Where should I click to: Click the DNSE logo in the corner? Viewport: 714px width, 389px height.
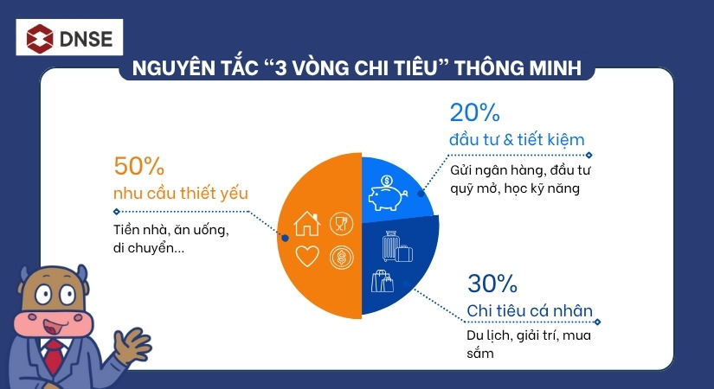(69, 37)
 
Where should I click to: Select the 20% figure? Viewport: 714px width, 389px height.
(473, 112)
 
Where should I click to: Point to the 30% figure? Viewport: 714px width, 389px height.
(492, 284)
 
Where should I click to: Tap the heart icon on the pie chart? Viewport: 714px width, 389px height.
(308, 257)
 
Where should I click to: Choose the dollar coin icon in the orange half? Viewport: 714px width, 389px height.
(341, 257)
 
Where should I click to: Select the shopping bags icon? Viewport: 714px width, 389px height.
(383, 282)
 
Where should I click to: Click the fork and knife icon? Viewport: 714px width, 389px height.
(341, 224)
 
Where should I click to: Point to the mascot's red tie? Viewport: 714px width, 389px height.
(55, 354)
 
